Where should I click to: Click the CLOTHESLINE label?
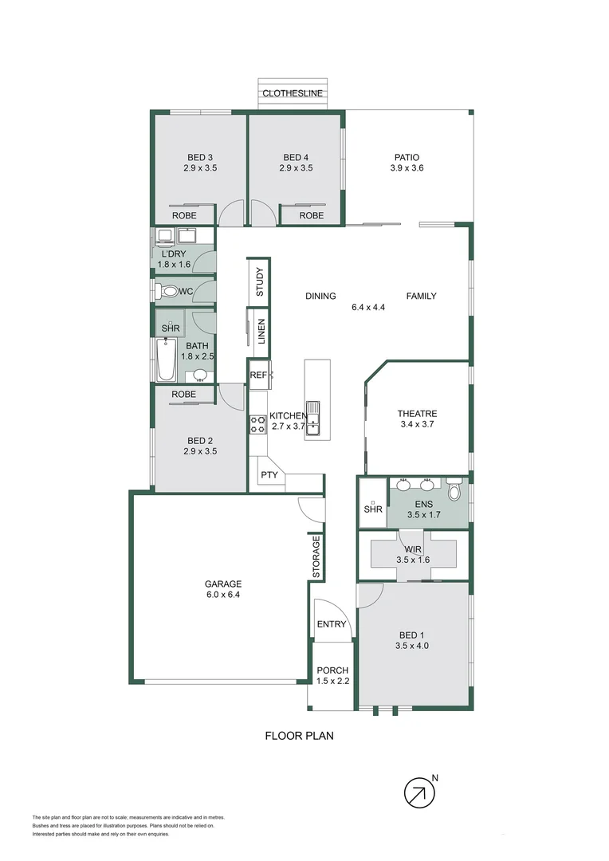[x=293, y=93]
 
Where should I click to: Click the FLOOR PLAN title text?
[x=299, y=736]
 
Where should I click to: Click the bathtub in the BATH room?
[x=167, y=360]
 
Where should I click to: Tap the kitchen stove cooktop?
[x=258, y=425]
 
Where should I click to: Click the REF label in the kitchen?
[x=257, y=375]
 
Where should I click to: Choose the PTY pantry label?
[x=267, y=475]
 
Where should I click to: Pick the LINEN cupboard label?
[x=261, y=332]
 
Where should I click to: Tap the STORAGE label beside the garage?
[x=316, y=556]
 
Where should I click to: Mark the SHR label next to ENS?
[x=372, y=509]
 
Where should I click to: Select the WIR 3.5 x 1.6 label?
[x=413, y=554]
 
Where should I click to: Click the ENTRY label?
[x=332, y=624]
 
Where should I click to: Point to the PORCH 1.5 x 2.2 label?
[x=332, y=675]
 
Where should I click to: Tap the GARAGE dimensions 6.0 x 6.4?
[x=222, y=594]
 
